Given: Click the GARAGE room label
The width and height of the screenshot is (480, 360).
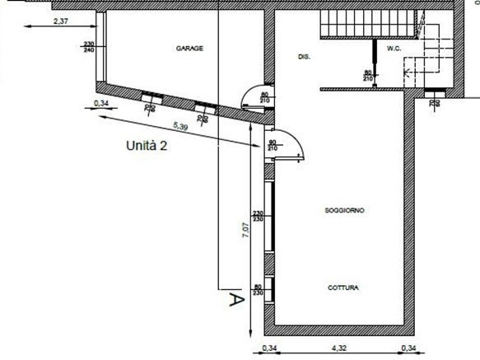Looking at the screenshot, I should click(x=189, y=49).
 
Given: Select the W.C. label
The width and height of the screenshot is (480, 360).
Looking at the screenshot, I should click(x=393, y=48).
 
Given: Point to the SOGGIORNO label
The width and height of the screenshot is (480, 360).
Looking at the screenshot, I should click(x=344, y=211).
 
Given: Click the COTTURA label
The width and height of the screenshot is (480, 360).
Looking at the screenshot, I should click(x=343, y=288).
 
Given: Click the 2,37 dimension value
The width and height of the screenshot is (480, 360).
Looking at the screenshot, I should click(x=59, y=20).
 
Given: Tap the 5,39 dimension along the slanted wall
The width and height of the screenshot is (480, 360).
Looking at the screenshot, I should click(x=181, y=126).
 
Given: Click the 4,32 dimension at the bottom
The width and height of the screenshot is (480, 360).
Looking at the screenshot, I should click(x=338, y=349).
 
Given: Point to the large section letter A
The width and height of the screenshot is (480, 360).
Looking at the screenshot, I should click(x=235, y=301).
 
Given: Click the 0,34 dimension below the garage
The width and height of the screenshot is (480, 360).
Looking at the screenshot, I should click(x=102, y=103).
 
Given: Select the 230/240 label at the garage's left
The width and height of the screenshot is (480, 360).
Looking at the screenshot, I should click(x=90, y=47).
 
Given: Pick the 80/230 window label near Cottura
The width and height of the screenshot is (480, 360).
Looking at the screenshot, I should click(x=257, y=290).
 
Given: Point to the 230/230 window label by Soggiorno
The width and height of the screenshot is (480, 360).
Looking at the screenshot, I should click(x=257, y=216).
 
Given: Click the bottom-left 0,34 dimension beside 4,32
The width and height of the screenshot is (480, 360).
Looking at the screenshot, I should click(x=269, y=349).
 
